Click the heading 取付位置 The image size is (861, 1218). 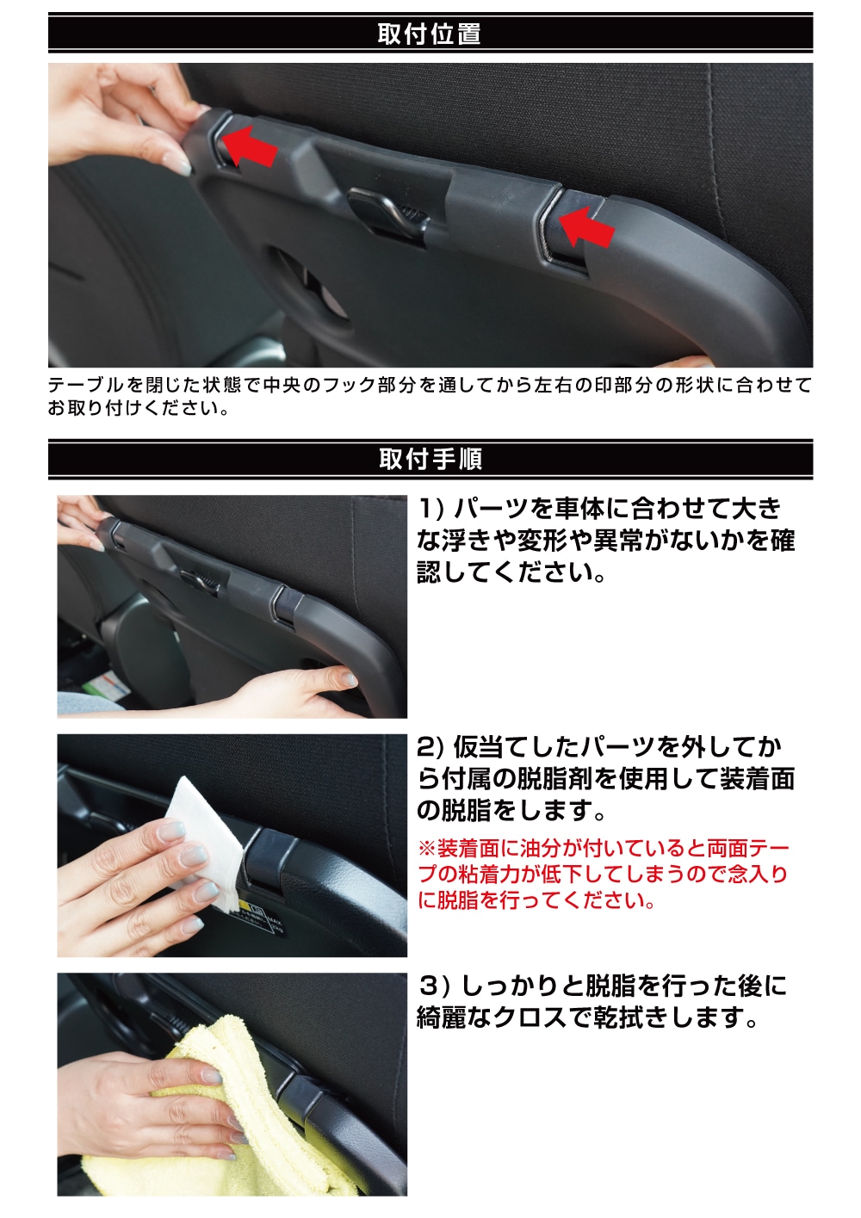coord(430,34)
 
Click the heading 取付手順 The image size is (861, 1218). coord(430,459)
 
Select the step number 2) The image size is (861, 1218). coord(432,747)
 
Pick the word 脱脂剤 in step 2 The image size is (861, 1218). coord(555,779)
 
